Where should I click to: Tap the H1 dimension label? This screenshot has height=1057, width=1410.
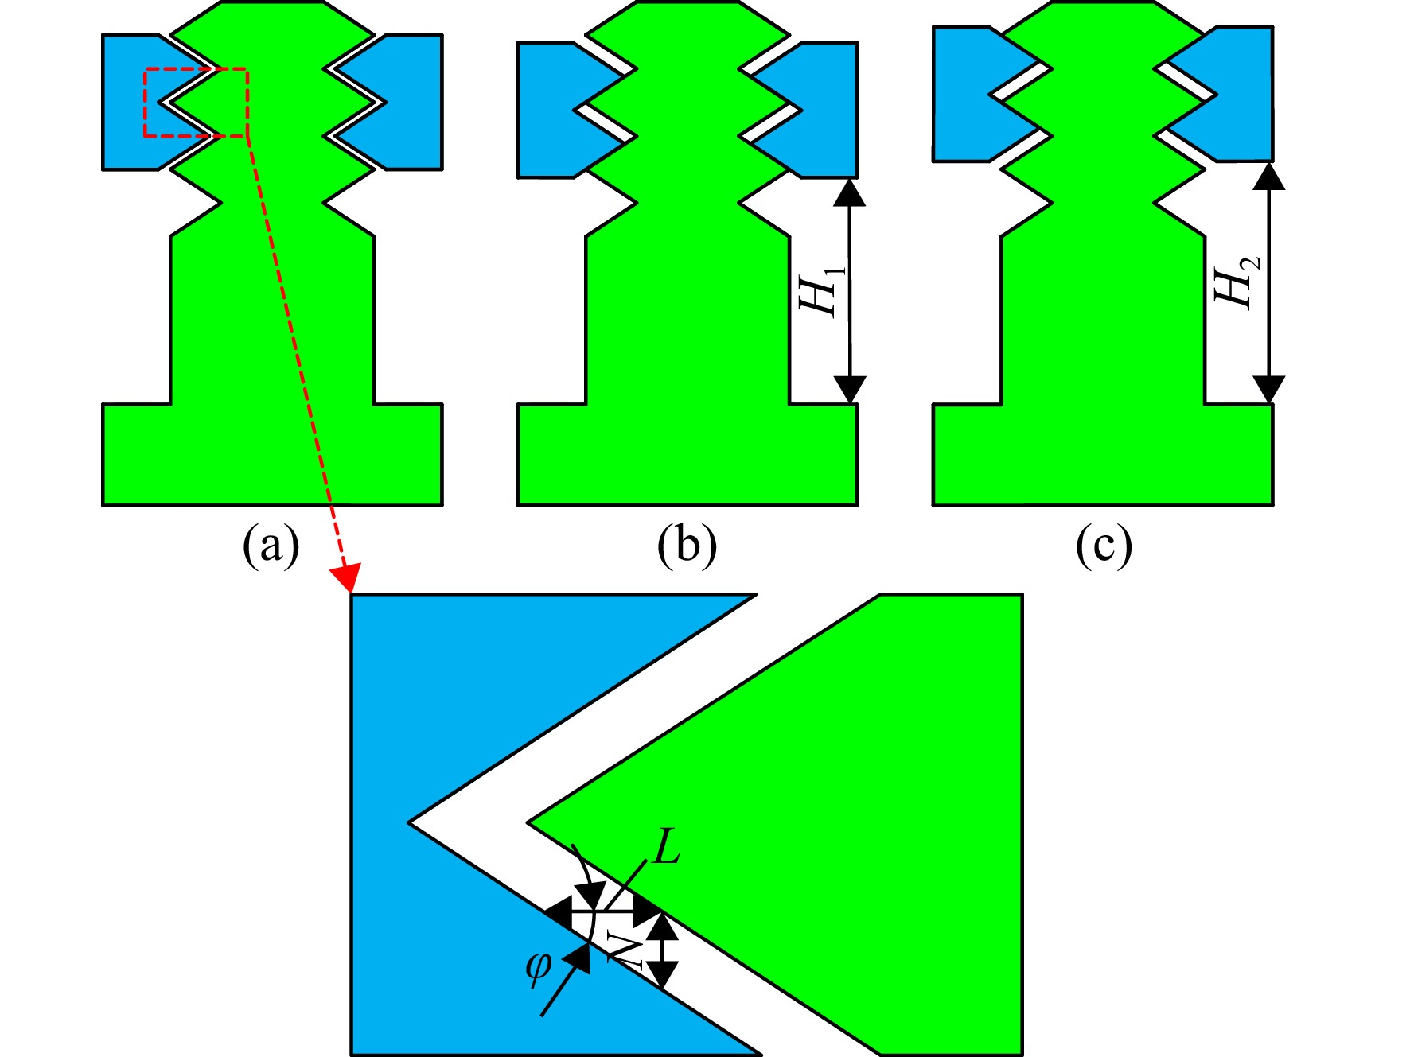click(x=820, y=291)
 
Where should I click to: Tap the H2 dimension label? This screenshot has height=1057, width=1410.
click(x=1236, y=282)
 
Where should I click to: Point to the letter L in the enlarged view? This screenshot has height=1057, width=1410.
click(x=666, y=846)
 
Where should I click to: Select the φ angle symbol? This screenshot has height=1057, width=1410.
click(x=538, y=968)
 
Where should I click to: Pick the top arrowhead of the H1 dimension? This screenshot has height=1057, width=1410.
click(x=850, y=192)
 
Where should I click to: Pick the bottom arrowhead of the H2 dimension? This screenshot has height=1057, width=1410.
click(x=1268, y=390)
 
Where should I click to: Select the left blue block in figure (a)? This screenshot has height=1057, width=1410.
click(x=143, y=102)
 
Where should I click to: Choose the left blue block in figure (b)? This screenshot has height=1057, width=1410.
click(x=557, y=110)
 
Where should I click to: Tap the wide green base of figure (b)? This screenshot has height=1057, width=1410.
click(x=687, y=455)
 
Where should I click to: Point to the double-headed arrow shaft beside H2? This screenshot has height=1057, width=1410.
click(x=1268, y=283)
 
